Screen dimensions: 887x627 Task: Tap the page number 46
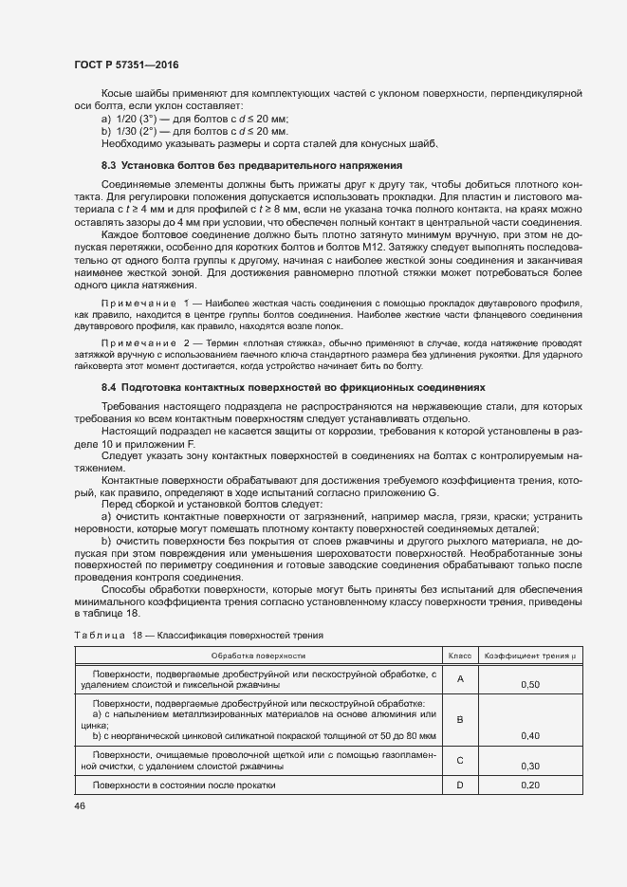pos(80,804)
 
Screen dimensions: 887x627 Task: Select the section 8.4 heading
pos(292,388)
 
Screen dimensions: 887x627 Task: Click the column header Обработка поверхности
pos(258,656)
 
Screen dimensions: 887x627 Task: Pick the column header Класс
pos(459,656)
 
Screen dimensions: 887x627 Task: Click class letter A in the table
pos(459,678)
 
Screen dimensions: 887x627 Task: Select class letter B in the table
pos(459,719)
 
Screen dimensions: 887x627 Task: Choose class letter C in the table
pos(459,759)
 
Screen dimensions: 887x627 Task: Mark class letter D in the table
pos(459,785)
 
